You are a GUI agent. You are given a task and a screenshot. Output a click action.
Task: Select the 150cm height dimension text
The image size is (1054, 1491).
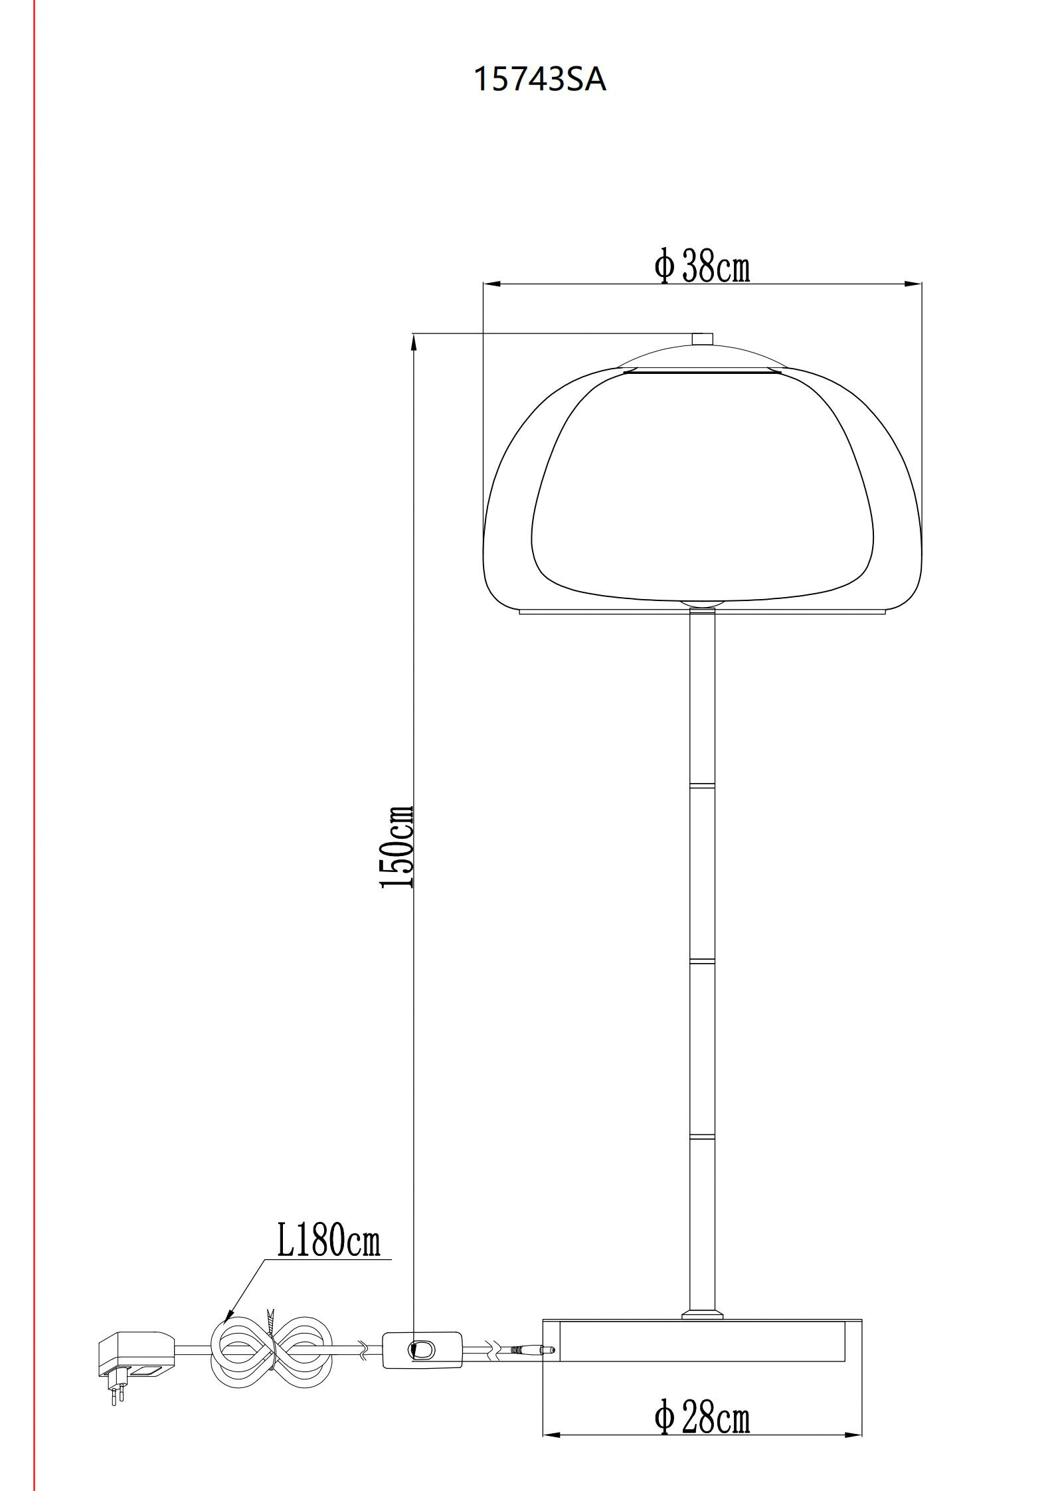pos(397,847)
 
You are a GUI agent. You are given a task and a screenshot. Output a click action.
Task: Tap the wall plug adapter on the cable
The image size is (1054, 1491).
pos(136,1354)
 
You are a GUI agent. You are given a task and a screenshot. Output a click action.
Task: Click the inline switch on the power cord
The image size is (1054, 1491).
pos(422,1349)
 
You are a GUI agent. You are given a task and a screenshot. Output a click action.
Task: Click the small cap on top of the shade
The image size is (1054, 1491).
pos(702,339)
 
